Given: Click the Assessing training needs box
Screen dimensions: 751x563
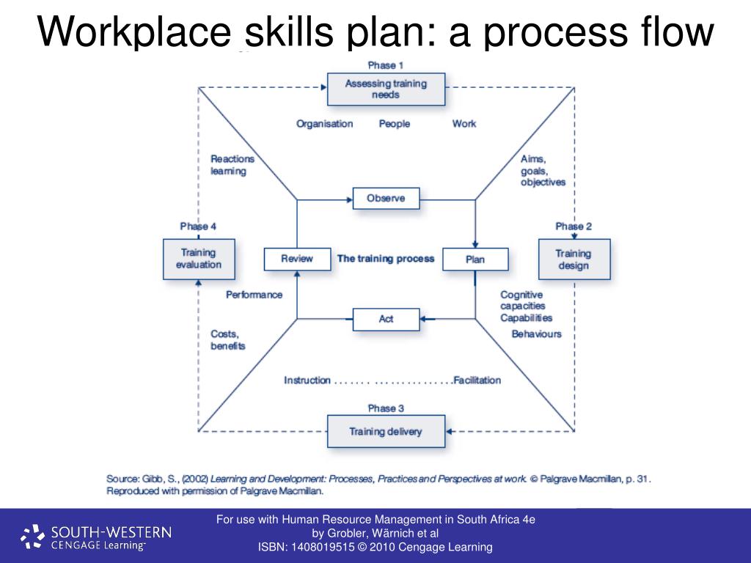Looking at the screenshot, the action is point(385,89).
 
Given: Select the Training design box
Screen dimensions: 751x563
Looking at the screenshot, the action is point(574,259).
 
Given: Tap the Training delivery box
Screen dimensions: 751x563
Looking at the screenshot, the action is point(385,431).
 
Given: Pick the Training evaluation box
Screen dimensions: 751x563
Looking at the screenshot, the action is point(199,259).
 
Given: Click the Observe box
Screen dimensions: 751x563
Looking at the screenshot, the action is point(386,199).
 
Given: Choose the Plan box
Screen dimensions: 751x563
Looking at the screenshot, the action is point(475,259).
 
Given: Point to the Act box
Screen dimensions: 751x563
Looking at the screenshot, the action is point(386,319).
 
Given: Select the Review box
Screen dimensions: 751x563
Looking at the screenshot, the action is point(297,259).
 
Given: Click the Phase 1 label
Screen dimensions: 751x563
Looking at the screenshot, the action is point(386,66).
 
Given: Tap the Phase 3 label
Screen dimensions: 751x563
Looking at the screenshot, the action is point(386,408).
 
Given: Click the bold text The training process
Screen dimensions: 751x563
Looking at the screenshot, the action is point(386,259).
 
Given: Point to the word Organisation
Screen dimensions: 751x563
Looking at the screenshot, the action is point(324,124).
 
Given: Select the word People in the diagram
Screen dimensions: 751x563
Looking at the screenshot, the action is point(395,124).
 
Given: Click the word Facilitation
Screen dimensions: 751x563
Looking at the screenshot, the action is point(477,380).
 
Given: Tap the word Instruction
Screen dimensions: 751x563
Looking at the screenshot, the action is point(307,380).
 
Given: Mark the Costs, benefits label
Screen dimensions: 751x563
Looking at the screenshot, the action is point(227,340).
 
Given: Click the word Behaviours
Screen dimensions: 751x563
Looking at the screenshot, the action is point(536,334).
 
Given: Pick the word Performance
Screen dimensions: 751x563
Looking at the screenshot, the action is point(254,295).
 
